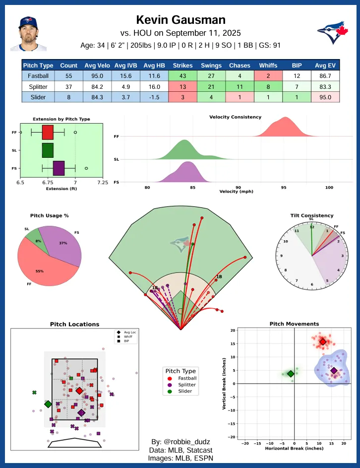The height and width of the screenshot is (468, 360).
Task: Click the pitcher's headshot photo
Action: click(x=29, y=33)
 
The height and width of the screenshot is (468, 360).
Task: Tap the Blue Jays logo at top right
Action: click(x=331, y=33)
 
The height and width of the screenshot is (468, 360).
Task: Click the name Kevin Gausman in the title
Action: click(x=180, y=19)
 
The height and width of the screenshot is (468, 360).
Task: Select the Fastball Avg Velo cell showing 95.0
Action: click(x=97, y=76)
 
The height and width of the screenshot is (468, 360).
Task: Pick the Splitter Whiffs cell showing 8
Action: click(x=268, y=87)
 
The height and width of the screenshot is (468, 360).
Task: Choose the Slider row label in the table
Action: click(x=38, y=97)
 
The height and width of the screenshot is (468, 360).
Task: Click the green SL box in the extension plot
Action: click(x=48, y=150)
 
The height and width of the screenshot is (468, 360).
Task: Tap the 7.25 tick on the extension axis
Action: click(x=103, y=183)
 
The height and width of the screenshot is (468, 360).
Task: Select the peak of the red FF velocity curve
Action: click(x=285, y=118)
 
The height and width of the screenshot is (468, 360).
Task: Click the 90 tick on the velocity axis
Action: click(x=238, y=188)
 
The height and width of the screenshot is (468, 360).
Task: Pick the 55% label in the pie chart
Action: click(x=39, y=271)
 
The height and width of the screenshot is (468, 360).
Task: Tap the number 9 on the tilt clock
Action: click(x=282, y=256)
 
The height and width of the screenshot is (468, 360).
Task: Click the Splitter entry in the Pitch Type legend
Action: click(x=184, y=385)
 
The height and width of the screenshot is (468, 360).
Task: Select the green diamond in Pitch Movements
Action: click(x=291, y=374)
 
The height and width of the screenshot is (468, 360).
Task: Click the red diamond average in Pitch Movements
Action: click(x=323, y=341)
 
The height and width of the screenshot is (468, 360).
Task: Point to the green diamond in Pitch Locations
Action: click(x=48, y=404)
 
